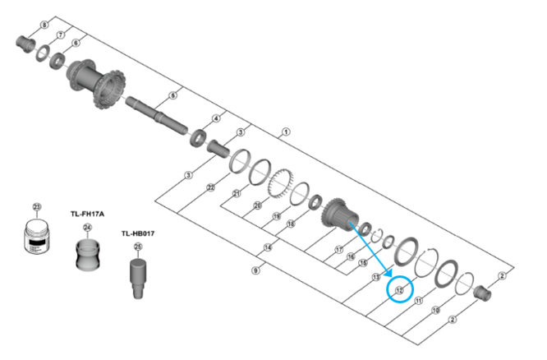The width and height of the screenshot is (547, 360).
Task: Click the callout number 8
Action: coord(44,24)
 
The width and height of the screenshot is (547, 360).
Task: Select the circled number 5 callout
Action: coord(172,96)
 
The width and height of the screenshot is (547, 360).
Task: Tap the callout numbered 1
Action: coord(285,132)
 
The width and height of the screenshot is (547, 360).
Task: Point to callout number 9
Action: coord(256,270)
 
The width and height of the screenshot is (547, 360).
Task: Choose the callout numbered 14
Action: coord(268,247)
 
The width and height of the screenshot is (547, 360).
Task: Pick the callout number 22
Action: coord(211,188)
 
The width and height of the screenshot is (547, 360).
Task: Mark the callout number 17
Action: coord(338,250)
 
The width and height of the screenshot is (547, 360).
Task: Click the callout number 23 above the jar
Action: coord(36,206)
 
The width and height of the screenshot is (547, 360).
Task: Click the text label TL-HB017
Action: coord(138,233)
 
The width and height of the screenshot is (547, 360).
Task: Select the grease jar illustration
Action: coord(37,236)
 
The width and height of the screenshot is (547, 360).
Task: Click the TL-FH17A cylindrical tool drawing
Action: coord(87,254)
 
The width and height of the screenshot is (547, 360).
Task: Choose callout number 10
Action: coord(435,310)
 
